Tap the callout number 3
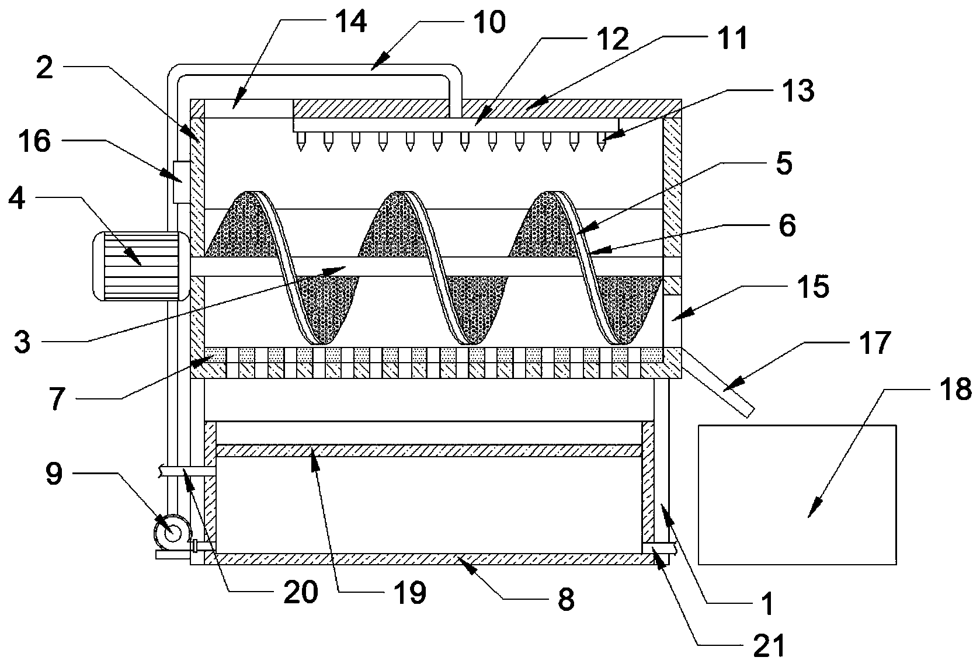tap(23, 342)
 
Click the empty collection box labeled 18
tap(797, 495)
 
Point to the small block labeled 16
tap(181, 182)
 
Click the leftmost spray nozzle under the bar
tap(301, 141)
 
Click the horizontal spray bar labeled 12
tap(456, 124)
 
